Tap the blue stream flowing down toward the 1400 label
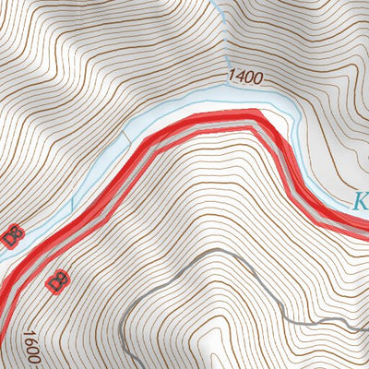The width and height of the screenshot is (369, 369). point(219,37)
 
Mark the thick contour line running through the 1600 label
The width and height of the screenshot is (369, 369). point(29,355)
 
